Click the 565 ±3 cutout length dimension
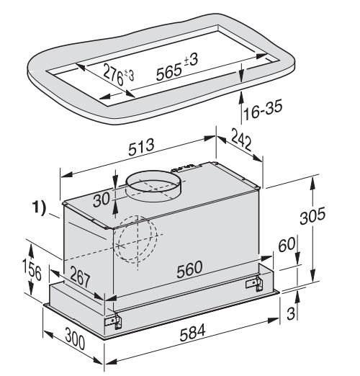coord(177,68)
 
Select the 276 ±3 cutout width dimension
coord(119,75)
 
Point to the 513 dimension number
coord(141,147)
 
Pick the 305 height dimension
coord(312,215)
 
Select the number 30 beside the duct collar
coord(102,199)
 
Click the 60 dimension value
coord(287,245)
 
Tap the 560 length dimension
coord(189,269)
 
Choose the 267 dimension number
coord(80,277)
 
